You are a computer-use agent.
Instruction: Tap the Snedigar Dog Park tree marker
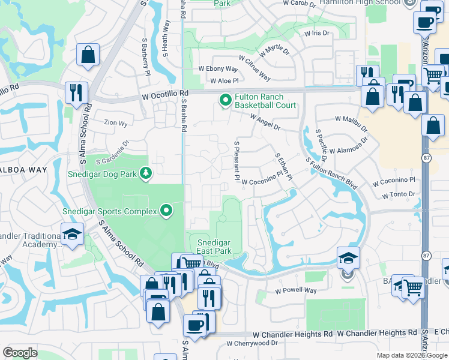(x=145, y=173)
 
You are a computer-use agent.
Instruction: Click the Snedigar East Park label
(x=214, y=246)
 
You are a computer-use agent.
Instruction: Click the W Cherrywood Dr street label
(x=252, y=344)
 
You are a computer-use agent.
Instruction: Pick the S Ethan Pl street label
(x=283, y=166)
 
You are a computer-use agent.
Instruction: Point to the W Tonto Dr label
(x=399, y=194)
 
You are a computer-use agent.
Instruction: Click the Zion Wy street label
(x=115, y=124)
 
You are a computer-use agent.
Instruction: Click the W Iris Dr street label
(x=317, y=34)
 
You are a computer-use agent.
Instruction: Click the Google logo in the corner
(x=20, y=353)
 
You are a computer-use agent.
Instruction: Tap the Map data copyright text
(x=412, y=355)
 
